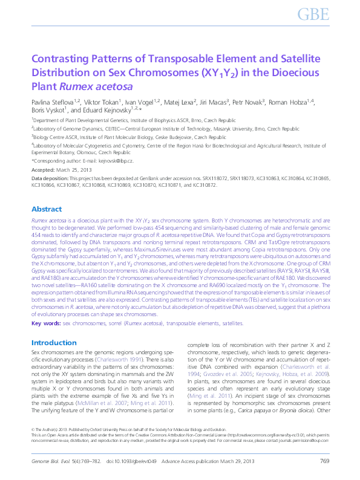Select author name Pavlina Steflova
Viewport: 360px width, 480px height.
coord(51,102)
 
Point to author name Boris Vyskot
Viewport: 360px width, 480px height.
coord(47,111)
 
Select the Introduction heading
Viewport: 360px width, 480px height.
coord(54,343)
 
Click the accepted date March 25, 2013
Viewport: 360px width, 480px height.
coord(68,171)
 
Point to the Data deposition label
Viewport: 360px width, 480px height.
coord(50,180)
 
